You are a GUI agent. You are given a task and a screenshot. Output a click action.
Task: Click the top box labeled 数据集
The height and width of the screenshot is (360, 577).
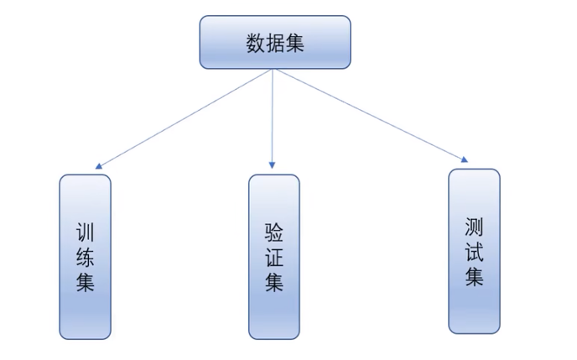(275, 42)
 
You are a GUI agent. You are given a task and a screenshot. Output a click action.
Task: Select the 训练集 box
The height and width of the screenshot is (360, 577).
(85, 257)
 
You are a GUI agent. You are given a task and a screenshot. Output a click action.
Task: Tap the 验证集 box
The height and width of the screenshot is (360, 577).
(274, 257)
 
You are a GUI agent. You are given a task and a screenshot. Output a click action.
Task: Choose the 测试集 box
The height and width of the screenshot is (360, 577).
(474, 252)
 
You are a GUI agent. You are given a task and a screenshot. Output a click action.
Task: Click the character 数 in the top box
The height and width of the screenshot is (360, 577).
(256, 43)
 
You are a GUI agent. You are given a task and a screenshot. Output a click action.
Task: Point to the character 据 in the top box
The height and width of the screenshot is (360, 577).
(275, 43)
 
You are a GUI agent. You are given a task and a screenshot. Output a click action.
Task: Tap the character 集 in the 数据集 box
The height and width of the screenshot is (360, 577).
(294, 43)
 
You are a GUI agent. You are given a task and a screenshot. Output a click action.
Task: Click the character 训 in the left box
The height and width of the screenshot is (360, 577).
(85, 232)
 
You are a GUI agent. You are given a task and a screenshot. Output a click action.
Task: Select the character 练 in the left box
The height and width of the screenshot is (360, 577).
(85, 257)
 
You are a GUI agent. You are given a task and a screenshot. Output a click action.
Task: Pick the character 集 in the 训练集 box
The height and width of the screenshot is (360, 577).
(85, 282)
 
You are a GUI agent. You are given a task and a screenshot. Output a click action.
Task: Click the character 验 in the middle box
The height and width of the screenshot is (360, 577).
(274, 232)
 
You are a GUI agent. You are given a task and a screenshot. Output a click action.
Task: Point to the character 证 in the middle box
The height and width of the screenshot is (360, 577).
(274, 257)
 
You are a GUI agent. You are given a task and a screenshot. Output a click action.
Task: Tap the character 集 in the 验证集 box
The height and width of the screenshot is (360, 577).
(274, 282)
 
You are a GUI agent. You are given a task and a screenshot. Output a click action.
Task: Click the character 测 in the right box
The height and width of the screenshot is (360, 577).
(474, 227)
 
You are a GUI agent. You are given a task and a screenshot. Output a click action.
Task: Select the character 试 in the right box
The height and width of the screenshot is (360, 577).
(474, 252)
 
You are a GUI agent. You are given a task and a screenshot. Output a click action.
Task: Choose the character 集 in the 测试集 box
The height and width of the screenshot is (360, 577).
(474, 276)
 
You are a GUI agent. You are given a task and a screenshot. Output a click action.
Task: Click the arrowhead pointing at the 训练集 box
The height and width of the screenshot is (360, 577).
(98, 166)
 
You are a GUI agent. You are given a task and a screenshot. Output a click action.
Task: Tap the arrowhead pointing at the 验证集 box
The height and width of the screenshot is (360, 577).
(272, 165)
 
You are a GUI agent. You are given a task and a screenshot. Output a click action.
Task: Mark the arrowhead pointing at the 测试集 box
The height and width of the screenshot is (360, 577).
(465, 159)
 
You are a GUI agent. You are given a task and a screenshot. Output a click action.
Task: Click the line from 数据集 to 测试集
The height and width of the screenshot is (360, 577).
(371, 114)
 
